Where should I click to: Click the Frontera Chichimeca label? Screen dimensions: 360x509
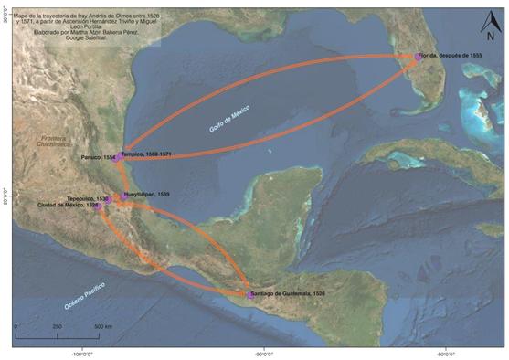[49, 138]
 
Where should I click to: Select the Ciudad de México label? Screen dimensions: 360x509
[66, 206]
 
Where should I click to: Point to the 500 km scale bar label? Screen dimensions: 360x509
[101, 326]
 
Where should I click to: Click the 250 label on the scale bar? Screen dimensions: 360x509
[57, 326]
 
